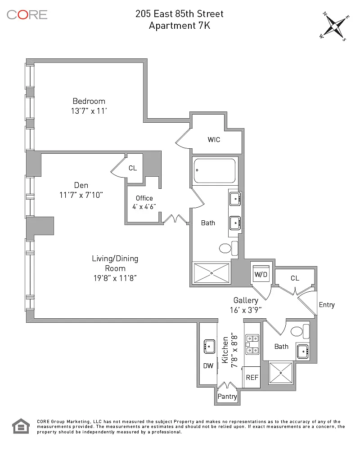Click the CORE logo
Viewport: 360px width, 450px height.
tap(27, 14)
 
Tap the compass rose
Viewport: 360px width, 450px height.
tap(334, 26)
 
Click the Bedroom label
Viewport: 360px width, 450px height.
tap(89, 101)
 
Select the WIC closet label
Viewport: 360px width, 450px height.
tap(214, 140)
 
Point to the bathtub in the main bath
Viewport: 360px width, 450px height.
tap(215, 170)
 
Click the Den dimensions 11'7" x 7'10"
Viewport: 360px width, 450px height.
tap(81, 195)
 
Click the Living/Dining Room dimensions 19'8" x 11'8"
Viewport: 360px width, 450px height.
tap(115, 278)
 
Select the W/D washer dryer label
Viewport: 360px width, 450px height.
tap(261, 274)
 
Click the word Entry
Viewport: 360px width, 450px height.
tap(327, 305)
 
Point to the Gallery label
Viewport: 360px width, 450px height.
tap(246, 300)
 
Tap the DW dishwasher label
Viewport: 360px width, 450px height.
tap(208, 366)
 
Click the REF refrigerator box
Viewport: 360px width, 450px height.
tap(252, 377)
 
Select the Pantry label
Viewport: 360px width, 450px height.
tap(227, 397)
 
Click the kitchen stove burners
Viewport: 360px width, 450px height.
tap(252, 344)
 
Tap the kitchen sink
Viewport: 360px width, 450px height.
tap(209, 346)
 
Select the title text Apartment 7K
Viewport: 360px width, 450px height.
tap(180, 26)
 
